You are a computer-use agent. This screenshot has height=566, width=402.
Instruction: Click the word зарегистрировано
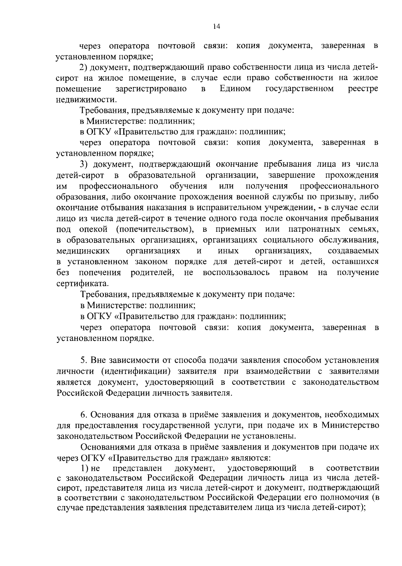click(151, 89)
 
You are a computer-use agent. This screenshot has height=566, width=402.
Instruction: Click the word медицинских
click(83, 251)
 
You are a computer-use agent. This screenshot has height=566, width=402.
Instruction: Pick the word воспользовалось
click(236, 272)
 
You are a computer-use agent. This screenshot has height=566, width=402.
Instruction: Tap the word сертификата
click(82, 283)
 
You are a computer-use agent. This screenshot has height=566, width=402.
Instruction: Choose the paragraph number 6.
click(84, 415)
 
